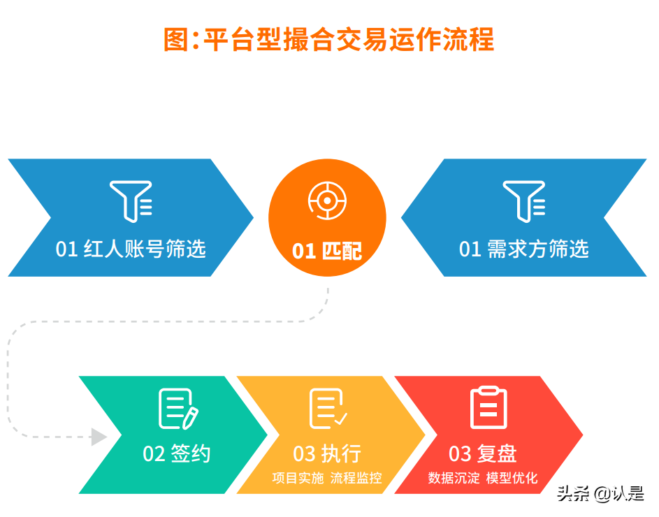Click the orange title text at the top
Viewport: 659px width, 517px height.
[x=328, y=39]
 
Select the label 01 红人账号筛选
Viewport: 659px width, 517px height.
[x=131, y=249]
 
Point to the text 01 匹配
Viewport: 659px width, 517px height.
[x=327, y=251]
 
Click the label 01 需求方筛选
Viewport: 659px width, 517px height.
[x=523, y=249]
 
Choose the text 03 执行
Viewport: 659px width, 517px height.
[x=326, y=454]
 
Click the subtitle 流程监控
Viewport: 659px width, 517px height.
[x=356, y=479]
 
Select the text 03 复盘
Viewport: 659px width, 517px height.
[x=483, y=454]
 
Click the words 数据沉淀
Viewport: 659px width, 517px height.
[x=454, y=479]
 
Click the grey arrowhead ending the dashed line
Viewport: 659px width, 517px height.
[x=99, y=437]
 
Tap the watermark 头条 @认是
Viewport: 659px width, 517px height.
[x=600, y=494]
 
